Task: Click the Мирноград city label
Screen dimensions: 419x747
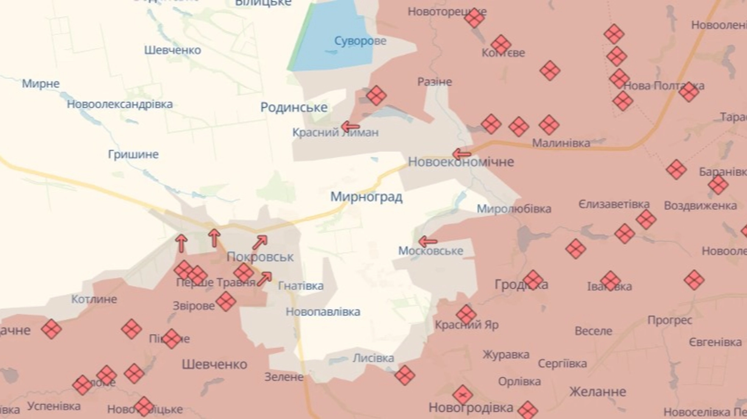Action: coord(366,197)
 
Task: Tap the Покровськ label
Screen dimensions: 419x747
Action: coord(260,257)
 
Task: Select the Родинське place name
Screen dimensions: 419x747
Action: coord(294,107)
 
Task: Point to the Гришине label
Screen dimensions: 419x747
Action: coord(133,155)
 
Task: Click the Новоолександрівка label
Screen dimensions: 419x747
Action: coord(120,104)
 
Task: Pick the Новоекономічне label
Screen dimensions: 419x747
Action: coord(461,162)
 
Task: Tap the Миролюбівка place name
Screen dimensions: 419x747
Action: coord(514,209)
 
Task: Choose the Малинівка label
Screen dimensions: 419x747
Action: coord(561,143)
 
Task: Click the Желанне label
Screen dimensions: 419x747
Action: coord(598,391)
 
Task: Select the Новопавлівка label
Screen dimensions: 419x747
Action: coord(323,312)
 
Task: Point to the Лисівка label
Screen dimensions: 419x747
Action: coord(373,358)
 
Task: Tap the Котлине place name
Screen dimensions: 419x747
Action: coord(94,299)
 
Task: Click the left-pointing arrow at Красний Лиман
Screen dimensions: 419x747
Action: coord(350,126)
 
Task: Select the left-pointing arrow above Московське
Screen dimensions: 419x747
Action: coord(428,242)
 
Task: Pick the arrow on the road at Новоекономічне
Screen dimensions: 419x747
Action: coord(462,154)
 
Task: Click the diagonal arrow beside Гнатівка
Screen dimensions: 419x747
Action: coord(264,279)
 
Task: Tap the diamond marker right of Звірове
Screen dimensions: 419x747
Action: coord(226,301)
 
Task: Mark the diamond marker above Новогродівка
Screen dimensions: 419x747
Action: coord(463,395)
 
